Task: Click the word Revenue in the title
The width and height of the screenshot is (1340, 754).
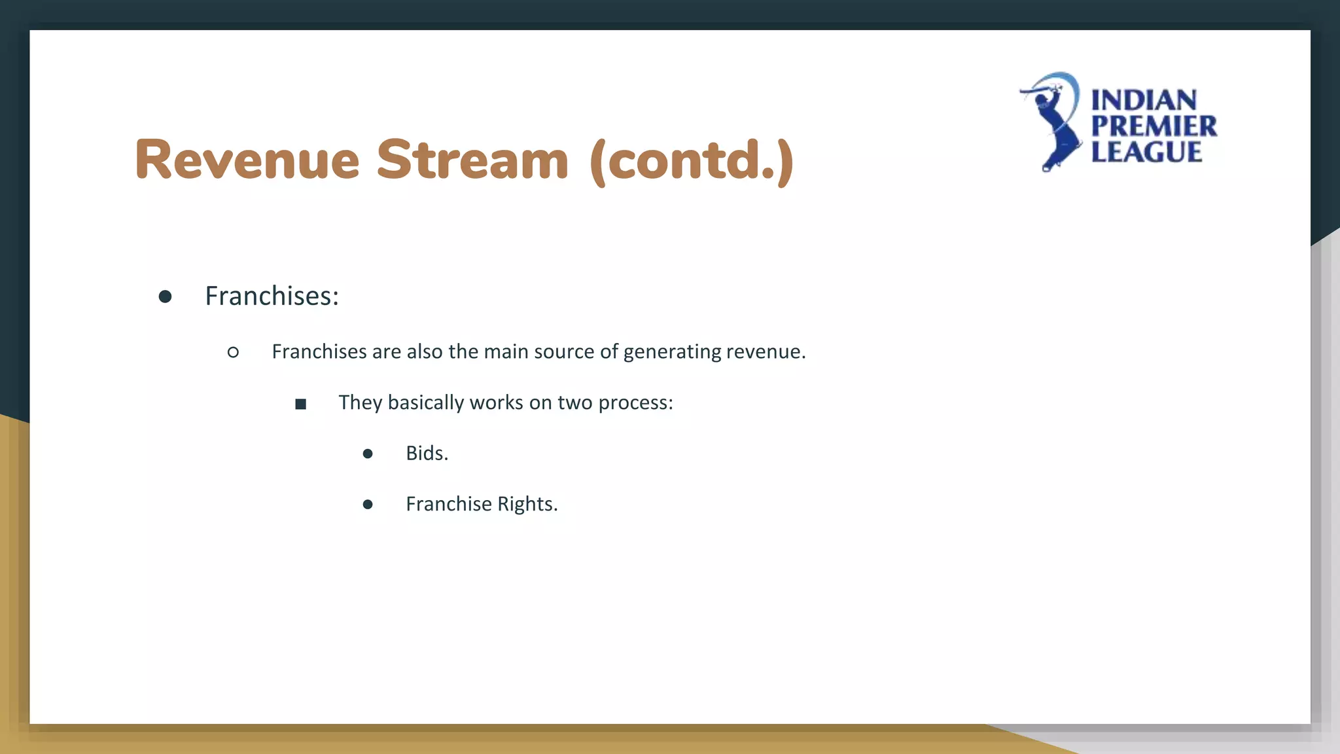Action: click(x=247, y=160)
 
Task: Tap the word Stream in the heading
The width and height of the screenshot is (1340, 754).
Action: click(x=472, y=160)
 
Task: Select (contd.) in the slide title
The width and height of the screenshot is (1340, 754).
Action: click(x=691, y=161)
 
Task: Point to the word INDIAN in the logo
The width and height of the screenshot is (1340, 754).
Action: click(x=1144, y=101)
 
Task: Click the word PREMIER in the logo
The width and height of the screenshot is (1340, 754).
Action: click(x=1154, y=126)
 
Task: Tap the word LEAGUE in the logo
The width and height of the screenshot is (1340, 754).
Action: click(x=1146, y=152)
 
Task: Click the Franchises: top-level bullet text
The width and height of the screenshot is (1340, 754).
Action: click(x=272, y=296)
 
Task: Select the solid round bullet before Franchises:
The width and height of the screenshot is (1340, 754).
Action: click(x=165, y=297)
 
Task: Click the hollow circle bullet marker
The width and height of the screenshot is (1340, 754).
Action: click(x=233, y=353)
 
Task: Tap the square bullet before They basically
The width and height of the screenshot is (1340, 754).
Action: click(x=300, y=404)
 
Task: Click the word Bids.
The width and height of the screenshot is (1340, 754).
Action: click(x=427, y=453)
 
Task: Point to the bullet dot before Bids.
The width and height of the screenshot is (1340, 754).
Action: click(x=368, y=454)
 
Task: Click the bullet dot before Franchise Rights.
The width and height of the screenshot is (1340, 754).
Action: click(x=368, y=504)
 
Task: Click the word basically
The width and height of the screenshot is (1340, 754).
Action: click(x=425, y=403)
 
